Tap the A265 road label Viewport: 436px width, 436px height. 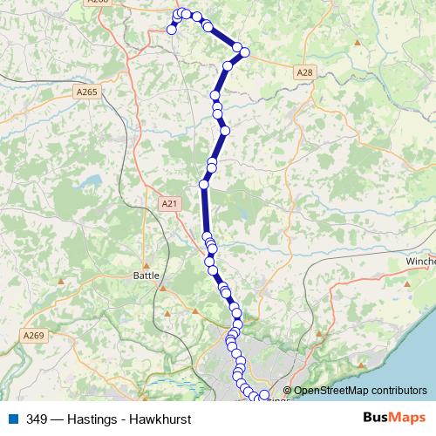pyautogui.click(x=86, y=91)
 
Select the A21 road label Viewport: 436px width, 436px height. pyautogui.click(x=169, y=203)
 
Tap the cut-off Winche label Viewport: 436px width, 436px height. pyautogui.click(x=420, y=261)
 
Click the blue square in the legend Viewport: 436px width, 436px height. pyautogui.click(x=14, y=419)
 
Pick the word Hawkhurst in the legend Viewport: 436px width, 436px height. pyautogui.click(x=160, y=419)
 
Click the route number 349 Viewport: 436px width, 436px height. pyautogui.click(x=37, y=419)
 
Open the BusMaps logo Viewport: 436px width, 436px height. pyautogui.click(x=392, y=418)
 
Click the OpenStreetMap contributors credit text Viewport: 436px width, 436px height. pyautogui.click(x=360, y=391)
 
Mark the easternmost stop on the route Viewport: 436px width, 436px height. pyautogui.click(x=265, y=396)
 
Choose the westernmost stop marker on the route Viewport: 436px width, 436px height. pyautogui.click(x=172, y=30)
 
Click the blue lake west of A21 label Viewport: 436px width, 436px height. pyautogui.click(x=90, y=185)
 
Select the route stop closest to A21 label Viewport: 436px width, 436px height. pyautogui.click(x=204, y=184)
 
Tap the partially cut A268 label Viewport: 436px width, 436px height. pyautogui.click(x=97, y=3)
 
